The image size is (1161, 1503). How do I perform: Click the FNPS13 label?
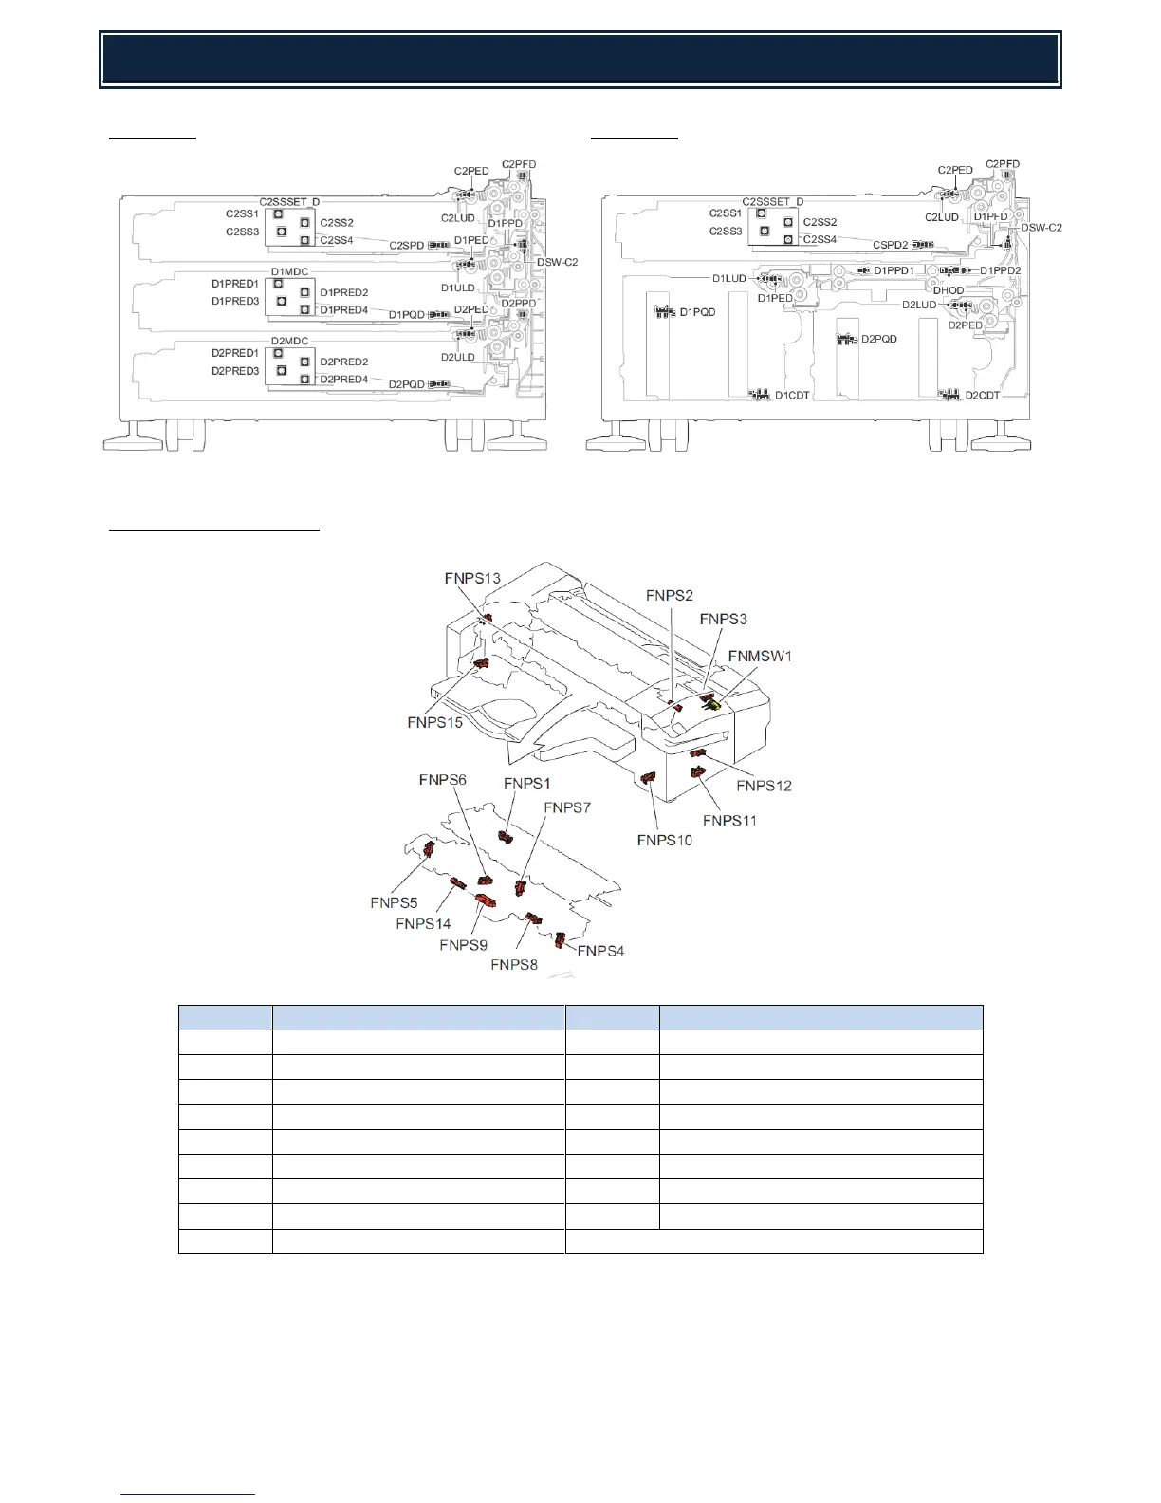click(x=472, y=578)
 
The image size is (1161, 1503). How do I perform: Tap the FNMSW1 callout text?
click(x=760, y=656)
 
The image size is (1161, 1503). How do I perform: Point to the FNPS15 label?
click(x=434, y=722)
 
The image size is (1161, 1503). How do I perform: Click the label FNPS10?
click(x=664, y=840)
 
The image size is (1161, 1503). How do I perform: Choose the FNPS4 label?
click(x=601, y=951)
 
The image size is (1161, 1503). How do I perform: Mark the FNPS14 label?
click(x=423, y=923)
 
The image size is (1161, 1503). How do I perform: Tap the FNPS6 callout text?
click(x=442, y=780)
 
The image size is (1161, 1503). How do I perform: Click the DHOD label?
click(x=948, y=290)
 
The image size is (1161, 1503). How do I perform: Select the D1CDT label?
click(x=792, y=395)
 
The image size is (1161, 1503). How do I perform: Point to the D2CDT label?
click(x=983, y=395)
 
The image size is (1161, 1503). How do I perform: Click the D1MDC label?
click(x=289, y=272)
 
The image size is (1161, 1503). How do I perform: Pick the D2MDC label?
click(x=289, y=341)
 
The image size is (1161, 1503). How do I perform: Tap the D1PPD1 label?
click(x=894, y=270)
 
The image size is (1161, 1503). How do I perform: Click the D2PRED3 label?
click(x=234, y=371)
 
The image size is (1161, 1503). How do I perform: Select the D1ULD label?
click(x=457, y=288)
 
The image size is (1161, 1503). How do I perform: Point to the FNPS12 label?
click(x=764, y=786)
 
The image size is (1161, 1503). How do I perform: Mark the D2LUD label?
click(x=918, y=305)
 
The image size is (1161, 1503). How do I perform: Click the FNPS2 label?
click(x=670, y=595)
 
